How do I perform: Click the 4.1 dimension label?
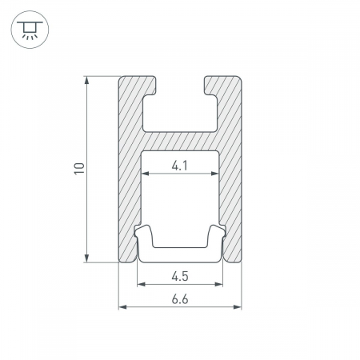click(x=179, y=166)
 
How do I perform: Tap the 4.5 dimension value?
click(x=180, y=276)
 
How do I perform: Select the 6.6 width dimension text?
click(x=180, y=299)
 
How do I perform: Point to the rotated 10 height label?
click(x=79, y=169)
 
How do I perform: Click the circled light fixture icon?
click(x=30, y=30)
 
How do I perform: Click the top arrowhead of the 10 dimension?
click(x=86, y=80)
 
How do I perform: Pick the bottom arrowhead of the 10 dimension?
click(x=86, y=258)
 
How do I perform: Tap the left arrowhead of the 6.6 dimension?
click(x=122, y=307)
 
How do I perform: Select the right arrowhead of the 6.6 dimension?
click(x=238, y=307)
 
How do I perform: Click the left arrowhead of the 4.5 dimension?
click(x=141, y=284)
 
